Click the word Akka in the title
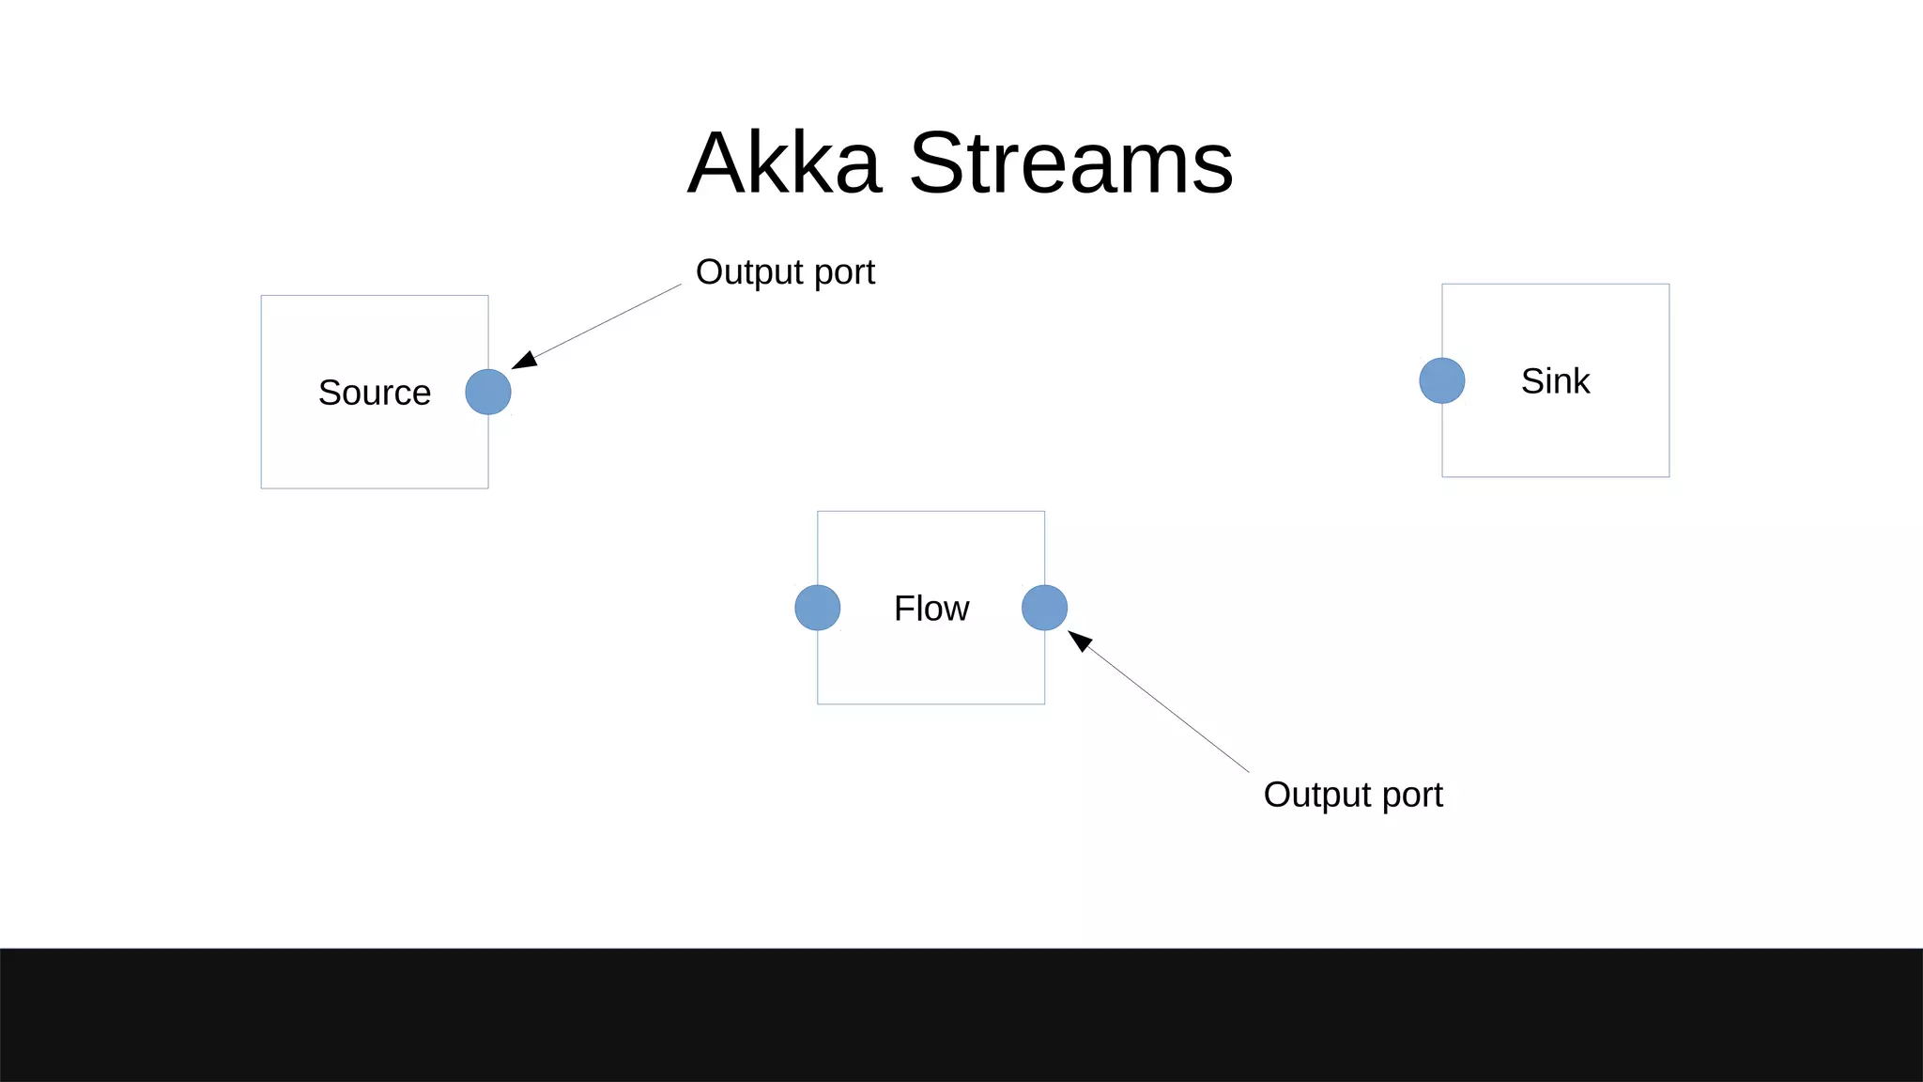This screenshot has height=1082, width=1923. coord(785,163)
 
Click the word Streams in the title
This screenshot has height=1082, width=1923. coord(1071,163)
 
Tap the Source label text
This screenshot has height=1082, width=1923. coord(375,393)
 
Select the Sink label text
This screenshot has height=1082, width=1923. coord(1555,381)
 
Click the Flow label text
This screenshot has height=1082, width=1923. coord(931,609)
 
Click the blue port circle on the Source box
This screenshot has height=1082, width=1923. coord(488,392)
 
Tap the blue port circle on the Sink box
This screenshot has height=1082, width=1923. coord(1441,380)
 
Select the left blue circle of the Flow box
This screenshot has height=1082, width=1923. coord(817,608)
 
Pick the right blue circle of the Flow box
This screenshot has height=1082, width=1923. coord(1044,608)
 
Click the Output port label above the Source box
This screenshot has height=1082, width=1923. coord(785,272)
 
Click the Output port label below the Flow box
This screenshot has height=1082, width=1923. coord(1352,795)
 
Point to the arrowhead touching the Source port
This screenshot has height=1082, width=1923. coord(525,361)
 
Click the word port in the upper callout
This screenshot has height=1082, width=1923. coord(844,273)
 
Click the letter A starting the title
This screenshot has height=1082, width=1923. coord(719,163)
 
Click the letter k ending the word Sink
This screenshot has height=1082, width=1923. coord(1581,380)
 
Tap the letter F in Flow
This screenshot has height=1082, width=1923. coord(903,609)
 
